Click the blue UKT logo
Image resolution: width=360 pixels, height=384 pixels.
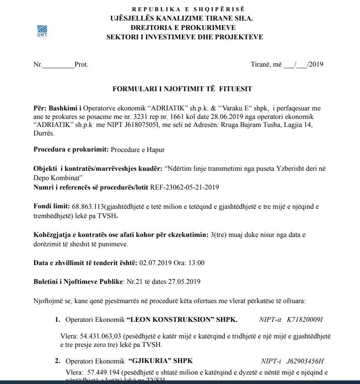[x=42, y=30]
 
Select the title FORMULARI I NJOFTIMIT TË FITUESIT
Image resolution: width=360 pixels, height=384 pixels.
[x=182, y=89]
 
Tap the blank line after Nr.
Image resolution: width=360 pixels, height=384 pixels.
[x=58, y=65]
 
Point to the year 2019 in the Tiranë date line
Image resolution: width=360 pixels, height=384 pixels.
[x=315, y=64]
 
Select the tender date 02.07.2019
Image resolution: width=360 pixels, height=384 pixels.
[x=155, y=262]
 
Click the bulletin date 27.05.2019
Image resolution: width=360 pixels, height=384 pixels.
[x=185, y=282]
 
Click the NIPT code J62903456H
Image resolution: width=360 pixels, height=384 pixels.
[x=305, y=361]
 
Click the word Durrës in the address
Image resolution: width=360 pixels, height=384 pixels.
[x=43, y=133]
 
